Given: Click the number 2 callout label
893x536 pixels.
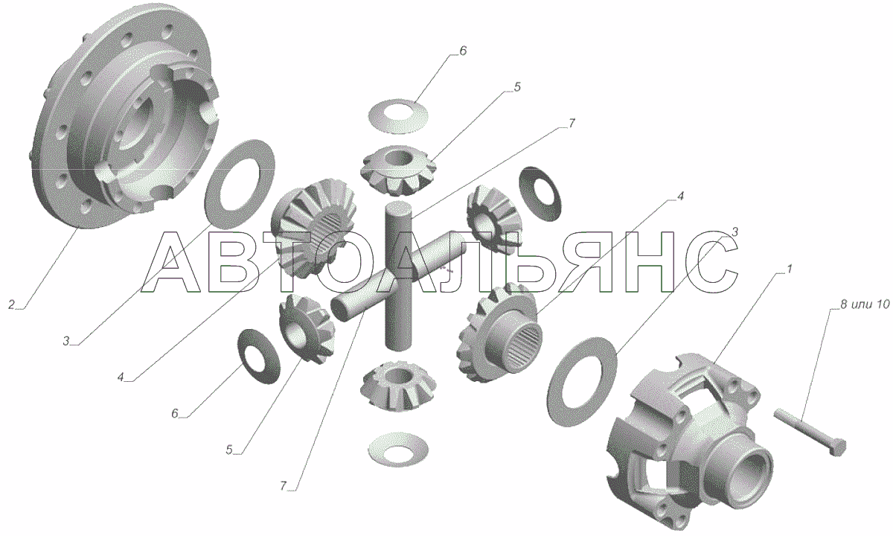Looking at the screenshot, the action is pos(11,304).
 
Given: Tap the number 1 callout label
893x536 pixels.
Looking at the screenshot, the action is pos(789,269).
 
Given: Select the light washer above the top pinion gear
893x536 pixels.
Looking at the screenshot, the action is pos(398,115).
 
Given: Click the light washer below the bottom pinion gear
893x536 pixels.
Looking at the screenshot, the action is pos(398,450).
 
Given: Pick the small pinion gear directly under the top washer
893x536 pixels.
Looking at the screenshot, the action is pos(398,170).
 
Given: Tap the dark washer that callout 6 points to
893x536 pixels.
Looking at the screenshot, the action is pos(259,356).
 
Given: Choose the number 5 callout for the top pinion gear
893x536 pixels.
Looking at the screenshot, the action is pos(517,86).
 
